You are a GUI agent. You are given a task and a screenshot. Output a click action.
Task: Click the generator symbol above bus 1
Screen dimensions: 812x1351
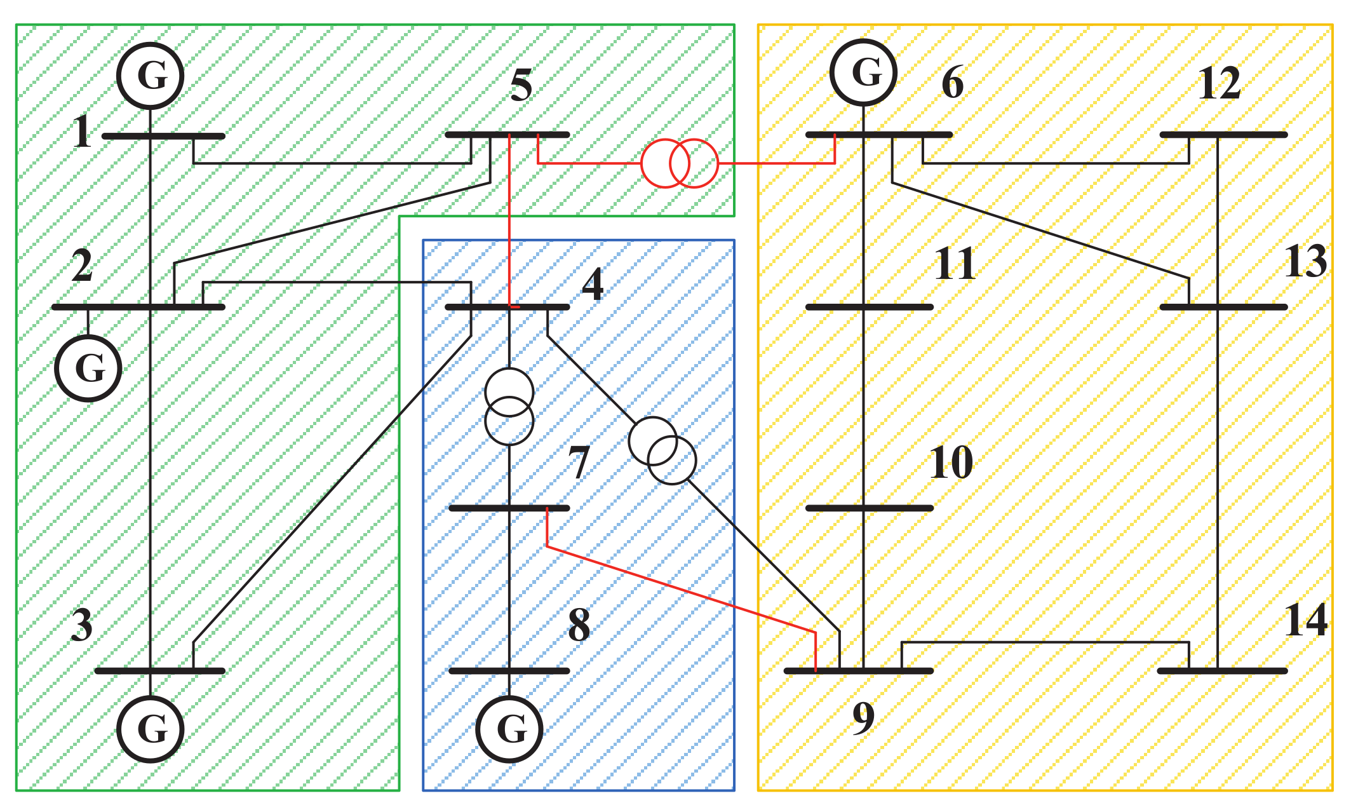pos(151,76)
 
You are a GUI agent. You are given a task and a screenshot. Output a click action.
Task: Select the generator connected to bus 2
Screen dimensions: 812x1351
pos(88,369)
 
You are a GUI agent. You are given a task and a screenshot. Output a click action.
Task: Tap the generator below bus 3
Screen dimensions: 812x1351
pos(151,729)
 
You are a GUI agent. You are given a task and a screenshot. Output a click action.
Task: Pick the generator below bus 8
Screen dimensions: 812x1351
pos(509,729)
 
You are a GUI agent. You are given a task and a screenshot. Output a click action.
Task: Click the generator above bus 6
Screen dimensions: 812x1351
pos(864,72)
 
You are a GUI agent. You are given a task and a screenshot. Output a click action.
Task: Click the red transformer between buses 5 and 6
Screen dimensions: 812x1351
pos(680,163)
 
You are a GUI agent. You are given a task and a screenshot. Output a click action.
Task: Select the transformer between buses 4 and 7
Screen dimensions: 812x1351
pos(509,407)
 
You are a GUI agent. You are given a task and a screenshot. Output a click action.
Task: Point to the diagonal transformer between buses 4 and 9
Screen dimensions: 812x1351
pos(662,450)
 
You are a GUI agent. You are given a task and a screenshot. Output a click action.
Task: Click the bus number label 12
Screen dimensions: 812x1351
pos(1219,84)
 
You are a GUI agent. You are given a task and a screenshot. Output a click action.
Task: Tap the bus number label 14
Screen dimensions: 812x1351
pos(1305,621)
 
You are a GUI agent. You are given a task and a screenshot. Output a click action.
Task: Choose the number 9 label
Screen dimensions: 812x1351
pos(864,718)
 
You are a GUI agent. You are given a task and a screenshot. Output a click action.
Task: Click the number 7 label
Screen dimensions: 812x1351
pos(579,463)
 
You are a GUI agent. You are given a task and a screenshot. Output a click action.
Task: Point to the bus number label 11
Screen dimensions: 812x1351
pos(955,264)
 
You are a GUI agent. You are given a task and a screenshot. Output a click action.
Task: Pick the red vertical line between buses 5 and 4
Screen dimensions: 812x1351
pos(509,222)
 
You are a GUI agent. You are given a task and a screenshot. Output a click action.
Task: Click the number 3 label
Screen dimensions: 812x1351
pos(82,626)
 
